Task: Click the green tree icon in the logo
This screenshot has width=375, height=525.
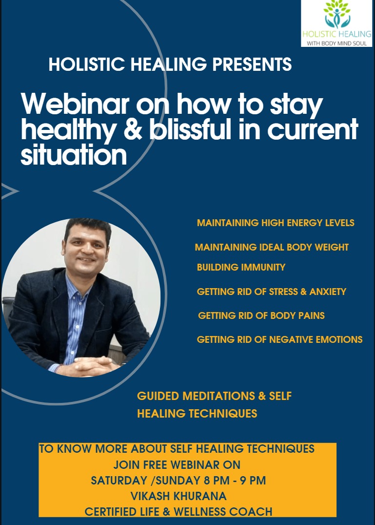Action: click(x=337, y=14)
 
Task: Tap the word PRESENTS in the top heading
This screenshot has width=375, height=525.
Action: click(x=252, y=64)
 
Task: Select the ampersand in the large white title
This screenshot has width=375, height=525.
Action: click(x=133, y=129)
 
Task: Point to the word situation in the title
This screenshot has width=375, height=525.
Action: click(x=74, y=154)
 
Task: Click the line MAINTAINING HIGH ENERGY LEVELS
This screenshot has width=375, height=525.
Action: click(x=276, y=223)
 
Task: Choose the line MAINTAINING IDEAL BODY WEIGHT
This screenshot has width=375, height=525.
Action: click(x=272, y=248)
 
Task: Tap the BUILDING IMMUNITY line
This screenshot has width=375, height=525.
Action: click(x=241, y=267)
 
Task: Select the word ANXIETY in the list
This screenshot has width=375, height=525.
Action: click(x=328, y=292)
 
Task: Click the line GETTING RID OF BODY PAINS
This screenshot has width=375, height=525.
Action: click(x=261, y=315)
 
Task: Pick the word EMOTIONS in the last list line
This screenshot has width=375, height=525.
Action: click(x=339, y=339)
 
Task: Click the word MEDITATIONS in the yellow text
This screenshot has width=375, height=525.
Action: click(x=219, y=396)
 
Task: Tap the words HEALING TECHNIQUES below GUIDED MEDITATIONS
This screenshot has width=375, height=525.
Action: click(x=197, y=414)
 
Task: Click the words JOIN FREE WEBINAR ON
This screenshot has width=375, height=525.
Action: click(x=177, y=465)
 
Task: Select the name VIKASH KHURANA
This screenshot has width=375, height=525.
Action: click(x=178, y=496)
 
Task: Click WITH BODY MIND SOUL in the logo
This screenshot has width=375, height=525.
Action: click(x=336, y=43)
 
